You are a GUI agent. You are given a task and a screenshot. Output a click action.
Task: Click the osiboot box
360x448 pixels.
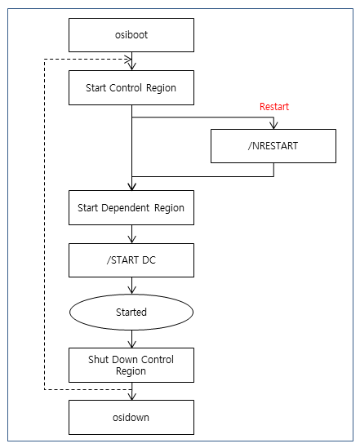point(131,35)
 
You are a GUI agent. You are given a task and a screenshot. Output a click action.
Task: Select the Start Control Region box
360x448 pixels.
point(131,87)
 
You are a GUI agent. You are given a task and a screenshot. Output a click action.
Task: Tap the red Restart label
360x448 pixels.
point(273,107)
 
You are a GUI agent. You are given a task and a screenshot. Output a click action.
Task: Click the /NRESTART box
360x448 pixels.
point(273,145)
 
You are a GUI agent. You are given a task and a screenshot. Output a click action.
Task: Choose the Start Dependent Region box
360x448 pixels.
point(131,208)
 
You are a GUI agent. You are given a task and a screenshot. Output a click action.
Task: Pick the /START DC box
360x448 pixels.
point(131,260)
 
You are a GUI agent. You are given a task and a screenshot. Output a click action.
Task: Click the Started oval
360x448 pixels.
point(131,312)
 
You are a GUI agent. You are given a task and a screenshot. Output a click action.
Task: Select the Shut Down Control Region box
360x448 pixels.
point(131,365)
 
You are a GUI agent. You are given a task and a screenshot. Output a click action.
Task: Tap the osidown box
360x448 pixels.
point(131,416)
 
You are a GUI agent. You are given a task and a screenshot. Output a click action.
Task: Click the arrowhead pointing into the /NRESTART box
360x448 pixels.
point(273,125)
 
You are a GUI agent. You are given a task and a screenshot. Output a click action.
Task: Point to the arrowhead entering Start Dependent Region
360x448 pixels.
point(131,187)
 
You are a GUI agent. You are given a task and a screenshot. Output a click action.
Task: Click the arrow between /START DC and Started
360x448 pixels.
point(131,286)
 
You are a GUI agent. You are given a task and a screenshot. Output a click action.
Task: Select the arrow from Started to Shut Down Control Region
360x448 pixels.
point(131,337)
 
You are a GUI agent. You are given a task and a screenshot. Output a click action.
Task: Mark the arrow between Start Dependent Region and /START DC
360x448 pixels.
point(131,234)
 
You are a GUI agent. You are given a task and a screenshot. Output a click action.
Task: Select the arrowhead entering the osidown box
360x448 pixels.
point(131,396)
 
